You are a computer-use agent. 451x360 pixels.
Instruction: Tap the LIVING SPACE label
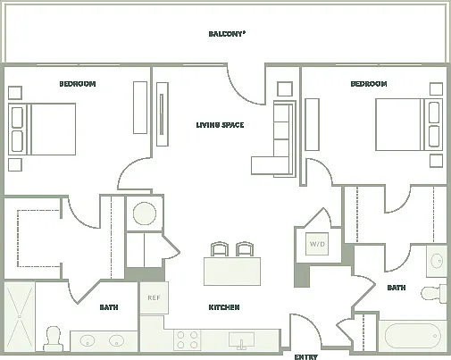pos(220,125)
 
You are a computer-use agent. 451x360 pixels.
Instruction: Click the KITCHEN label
pos(224,307)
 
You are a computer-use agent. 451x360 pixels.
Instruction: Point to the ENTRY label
pos(305,356)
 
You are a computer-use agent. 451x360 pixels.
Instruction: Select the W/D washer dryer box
pos(317,244)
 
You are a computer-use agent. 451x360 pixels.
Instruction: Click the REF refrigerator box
pos(155,297)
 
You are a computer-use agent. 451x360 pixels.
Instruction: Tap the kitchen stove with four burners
pos(187,340)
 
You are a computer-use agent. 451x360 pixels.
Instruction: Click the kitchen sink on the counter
pos(241,340)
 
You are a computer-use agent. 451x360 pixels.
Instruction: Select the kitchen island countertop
pos(232,272)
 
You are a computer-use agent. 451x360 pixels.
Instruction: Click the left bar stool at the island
pos(220,249)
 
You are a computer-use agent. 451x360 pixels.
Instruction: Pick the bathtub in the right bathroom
pos(413,336)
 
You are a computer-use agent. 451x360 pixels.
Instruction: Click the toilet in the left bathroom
pos(54,339)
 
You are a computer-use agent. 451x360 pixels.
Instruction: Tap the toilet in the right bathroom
pos(433,293)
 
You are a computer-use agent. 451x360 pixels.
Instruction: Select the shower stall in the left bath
pos(20,317)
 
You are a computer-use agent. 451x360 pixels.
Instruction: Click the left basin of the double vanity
pos(88,340)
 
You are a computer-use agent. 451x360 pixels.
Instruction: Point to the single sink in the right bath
pos(437,261)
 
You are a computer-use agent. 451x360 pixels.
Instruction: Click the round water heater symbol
pos(145,213)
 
